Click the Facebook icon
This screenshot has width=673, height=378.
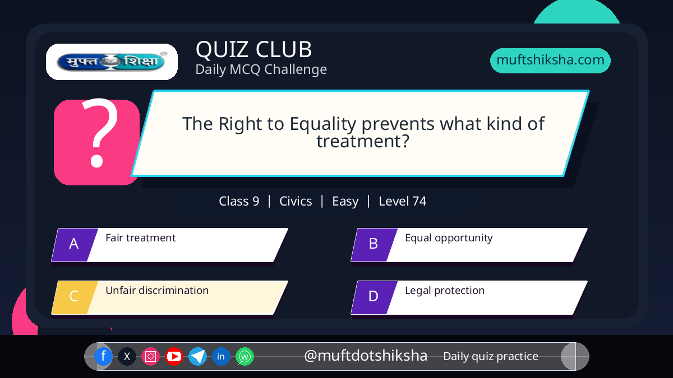click(103, 356)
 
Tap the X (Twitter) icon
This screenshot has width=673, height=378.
click(127, 356)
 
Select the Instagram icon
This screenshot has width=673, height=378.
click(150, 356)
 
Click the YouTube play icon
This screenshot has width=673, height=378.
click(174, 356)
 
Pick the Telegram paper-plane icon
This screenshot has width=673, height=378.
click(197, 356)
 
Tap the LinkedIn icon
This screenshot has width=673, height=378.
click(221, 356)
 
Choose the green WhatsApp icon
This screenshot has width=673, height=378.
click(245, 356)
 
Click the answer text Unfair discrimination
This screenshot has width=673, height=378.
click(157, 291)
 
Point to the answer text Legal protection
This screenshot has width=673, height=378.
click(445, 291)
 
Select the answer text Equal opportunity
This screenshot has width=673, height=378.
click(449, 238)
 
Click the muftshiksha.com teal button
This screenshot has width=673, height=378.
click(550, 60)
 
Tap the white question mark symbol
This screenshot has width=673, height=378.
click(100, 133)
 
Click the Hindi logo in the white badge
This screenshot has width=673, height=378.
click(112, 62)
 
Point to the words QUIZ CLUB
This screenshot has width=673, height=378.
click(253, 49)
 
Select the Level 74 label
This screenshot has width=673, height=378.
click(402, 201)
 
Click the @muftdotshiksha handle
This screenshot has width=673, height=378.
click(366, 356)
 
